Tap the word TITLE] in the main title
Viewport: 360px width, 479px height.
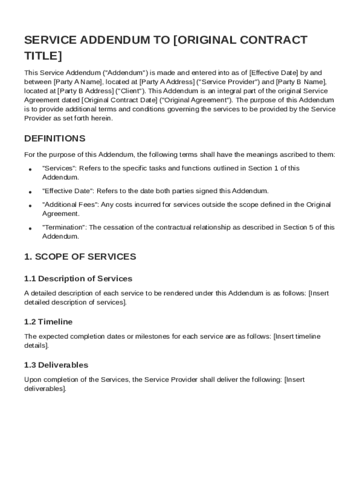[43, 57]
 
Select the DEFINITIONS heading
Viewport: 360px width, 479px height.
[55, 138]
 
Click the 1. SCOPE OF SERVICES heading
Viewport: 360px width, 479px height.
[80, 257]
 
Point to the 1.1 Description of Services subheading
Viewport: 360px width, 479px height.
[78, 279]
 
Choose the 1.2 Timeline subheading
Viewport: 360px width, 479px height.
[48, 322]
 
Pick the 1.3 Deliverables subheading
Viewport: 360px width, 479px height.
[56, 365]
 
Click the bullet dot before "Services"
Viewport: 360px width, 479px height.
[30, 169]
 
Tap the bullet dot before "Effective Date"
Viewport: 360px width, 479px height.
[30, 192]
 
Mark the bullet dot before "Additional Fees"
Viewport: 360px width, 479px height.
[30, 206]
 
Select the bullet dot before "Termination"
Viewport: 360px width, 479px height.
[30, 229]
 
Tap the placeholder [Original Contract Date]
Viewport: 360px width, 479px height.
[119, 100]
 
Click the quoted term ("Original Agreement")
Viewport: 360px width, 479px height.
[195, 100]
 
